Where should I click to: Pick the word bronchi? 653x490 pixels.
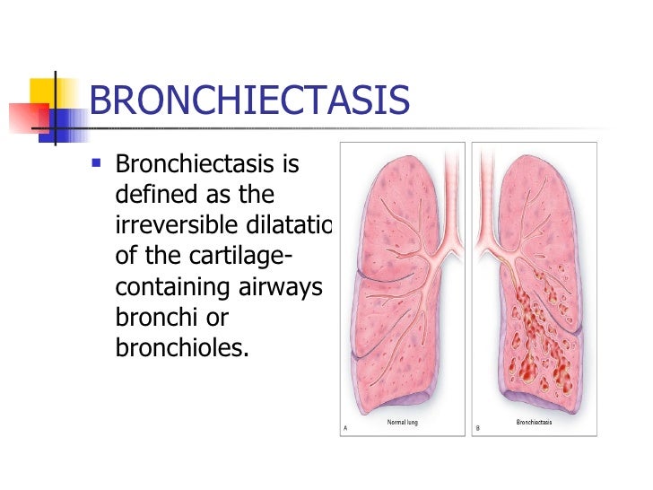coord(154,318)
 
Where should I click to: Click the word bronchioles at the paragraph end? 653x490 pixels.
coord(180,348)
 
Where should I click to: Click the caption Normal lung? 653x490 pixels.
coord(403,421)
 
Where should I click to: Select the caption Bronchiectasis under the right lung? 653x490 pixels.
coord(535,421)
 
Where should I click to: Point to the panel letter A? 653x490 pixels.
coord(345,428)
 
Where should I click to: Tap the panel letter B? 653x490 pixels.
coord(477,428)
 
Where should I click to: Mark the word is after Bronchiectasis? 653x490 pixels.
coord(310,166)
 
